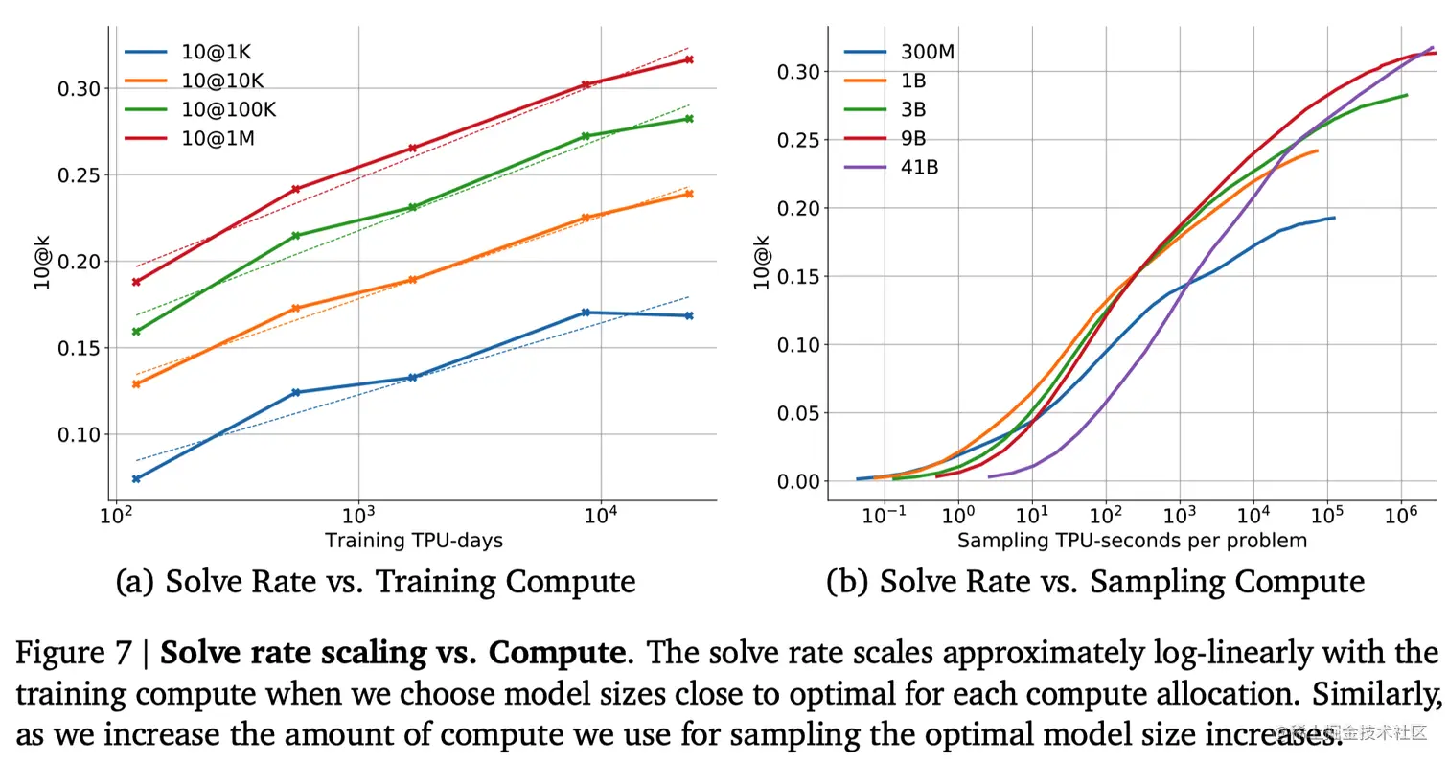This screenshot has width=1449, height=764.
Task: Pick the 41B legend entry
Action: coord(919,168)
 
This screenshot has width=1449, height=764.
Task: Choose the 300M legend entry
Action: coord(928,51)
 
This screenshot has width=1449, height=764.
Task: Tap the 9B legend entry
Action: coord(914,139)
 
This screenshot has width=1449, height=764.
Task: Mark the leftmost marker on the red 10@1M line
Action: coord(136,282)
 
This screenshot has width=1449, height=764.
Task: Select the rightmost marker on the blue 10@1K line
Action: coord(688,315)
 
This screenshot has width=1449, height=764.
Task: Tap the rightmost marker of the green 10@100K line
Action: coord(688,119)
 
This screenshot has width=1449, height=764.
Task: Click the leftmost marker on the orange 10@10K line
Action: coord(136,384)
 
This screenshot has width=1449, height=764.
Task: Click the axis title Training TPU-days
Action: coord(414,541)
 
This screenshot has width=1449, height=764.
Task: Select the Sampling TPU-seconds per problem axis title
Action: coord(1132,541)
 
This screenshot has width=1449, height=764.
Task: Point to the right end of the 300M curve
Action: coord(1334,218)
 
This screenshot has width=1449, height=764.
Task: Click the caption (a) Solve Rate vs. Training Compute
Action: coord(375,582)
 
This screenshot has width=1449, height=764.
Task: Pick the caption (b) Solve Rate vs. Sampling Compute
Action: coord(1095,582)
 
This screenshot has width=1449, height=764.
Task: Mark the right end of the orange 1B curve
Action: coord(1318,150)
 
